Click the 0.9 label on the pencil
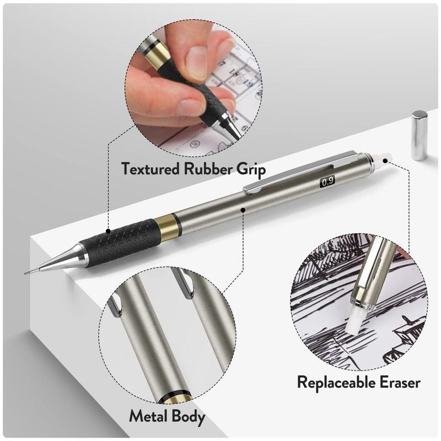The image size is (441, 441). (x=327, y=180)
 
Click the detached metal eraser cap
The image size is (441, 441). (x=419, y=135)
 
